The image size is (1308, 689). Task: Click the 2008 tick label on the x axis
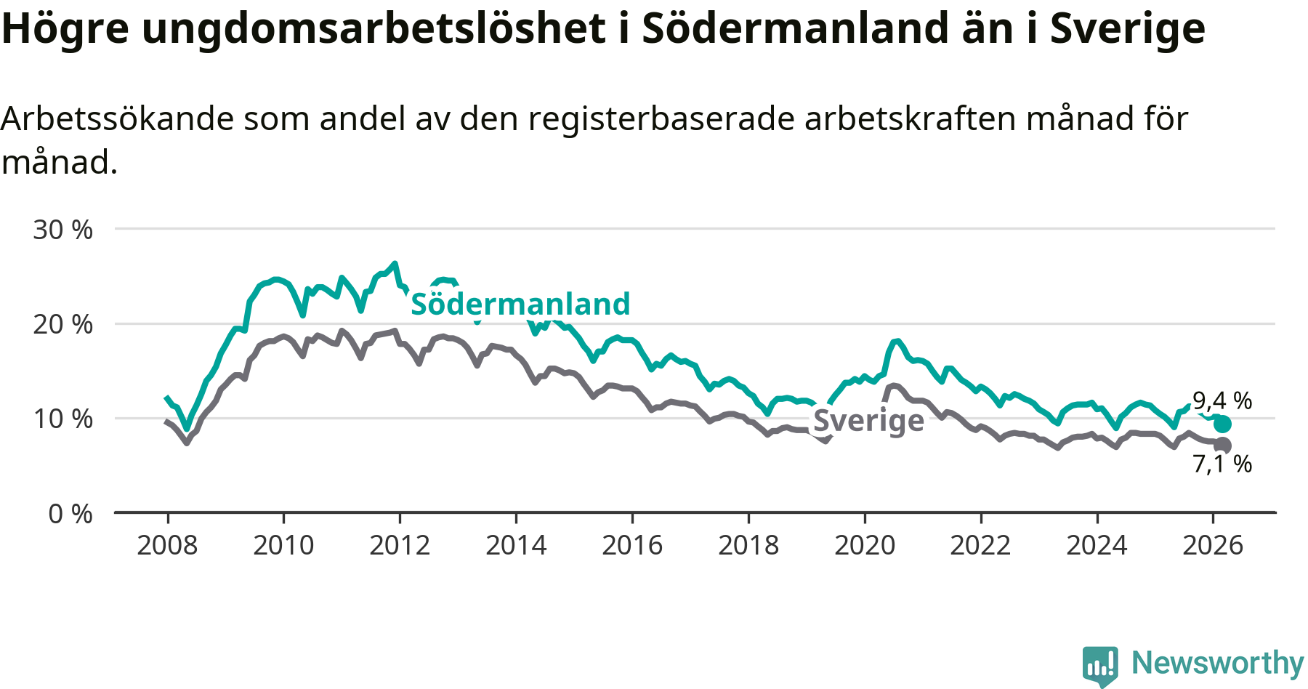(167, 545)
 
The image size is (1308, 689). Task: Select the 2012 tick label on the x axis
(400, 545)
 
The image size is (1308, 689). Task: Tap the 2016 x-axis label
(632, 545)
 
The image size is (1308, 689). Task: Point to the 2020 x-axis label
(865, 545)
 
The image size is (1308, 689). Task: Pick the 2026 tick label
(1213, 545)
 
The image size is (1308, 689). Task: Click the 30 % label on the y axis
(63, 230)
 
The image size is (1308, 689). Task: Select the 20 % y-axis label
(63, 324)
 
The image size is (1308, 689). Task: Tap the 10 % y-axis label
(63, 419)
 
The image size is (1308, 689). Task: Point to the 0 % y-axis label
(70, 514)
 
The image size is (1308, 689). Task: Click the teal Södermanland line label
(520, 304)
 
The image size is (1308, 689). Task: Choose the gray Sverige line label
(868, 420)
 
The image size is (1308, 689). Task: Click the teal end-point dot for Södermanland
(1222, 424)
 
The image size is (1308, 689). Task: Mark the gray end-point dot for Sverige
(1222, 445)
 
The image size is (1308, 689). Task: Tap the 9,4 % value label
(1222, 400)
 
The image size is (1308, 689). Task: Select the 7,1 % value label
(1222, 464)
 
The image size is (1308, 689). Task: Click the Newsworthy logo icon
(1100, 664)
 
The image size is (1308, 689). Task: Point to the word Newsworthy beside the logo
(1218, 663)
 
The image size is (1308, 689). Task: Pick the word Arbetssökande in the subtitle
(117, 118)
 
